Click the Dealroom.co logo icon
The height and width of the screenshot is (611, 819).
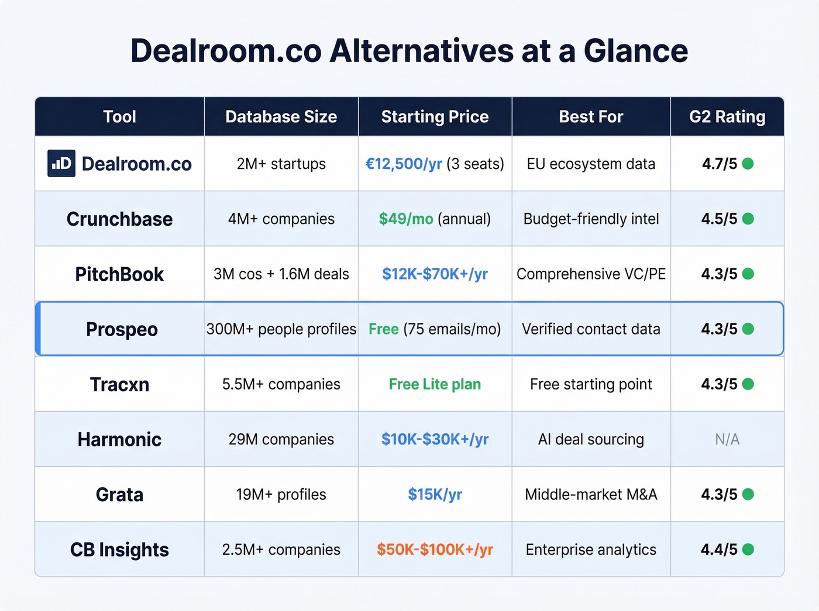[x=61, y=164]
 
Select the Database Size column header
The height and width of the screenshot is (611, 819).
[x=281, y=117]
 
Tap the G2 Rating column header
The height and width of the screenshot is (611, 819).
[x=727, y=117]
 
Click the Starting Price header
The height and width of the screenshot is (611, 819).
[x=435, y=117]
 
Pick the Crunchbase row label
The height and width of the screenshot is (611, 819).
[x=119, y=219]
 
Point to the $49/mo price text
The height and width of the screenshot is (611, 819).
[x=406, y=219]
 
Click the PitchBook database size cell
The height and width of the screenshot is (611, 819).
[x=281, y=274]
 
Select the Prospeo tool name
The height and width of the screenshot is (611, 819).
[x=122, y=329]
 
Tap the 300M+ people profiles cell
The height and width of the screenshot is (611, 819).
[x=281, y=329]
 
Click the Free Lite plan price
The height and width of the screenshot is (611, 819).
[x=435, y=384]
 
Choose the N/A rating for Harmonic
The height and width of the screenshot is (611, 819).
[x=727, y=440]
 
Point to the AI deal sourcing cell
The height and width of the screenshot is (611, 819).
[x=591, y=440]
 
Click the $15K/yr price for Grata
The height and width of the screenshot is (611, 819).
[x=435, y=495]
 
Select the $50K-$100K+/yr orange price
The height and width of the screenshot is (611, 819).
[x=435, y=550]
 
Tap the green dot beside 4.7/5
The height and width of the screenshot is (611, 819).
[x=748, y=164]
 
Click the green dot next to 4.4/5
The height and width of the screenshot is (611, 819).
[x=748, y=550]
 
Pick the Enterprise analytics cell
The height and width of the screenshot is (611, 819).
[x=591, y=550]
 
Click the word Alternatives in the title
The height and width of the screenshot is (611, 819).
[x=421, y=51]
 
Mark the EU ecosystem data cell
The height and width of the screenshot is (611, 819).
[x=591, y=164]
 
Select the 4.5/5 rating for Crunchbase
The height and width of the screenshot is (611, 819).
[x=719, y=219]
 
